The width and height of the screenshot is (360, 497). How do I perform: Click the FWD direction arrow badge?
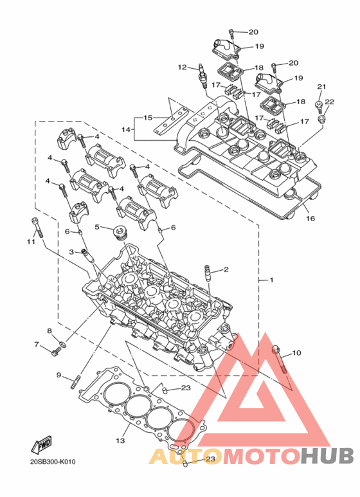pos(41,445)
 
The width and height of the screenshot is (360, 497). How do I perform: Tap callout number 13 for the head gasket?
pos(120,440)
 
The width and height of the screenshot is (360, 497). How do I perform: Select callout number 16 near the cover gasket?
pos(310,219)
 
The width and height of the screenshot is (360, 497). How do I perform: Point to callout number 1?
pos(271,280)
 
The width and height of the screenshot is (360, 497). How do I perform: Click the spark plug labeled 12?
pos(203,77)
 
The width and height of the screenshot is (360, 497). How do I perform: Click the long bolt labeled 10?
pos(279,360)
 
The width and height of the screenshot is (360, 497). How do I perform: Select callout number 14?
pos(126,129)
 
